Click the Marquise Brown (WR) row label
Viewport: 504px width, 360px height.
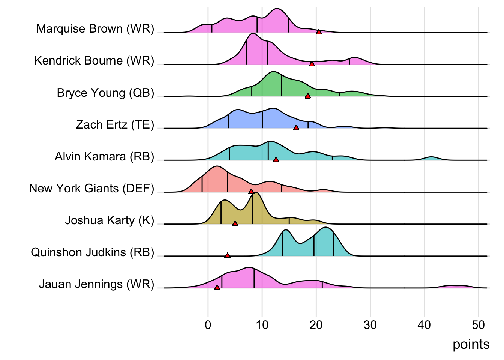[95, 29]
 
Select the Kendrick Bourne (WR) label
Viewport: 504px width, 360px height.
[94, 61]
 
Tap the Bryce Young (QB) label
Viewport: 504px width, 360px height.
[105, 93]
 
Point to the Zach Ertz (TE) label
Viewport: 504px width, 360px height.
[115, 124]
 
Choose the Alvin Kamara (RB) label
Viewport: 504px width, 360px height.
[104, 156]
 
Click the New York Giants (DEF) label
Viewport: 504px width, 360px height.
[91, 188]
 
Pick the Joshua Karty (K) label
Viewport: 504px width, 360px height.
[109, 220]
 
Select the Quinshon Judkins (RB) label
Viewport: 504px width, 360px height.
[92, 252]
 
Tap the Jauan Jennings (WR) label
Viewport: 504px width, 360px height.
[96, 284]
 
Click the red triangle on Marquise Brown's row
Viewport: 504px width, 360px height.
[319, 32]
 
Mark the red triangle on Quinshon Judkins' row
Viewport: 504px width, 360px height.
[227, 255]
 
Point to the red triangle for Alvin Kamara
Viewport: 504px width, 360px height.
[276, 160]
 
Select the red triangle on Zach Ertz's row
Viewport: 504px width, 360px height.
[296, 128]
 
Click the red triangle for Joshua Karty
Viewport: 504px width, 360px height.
[235, 223]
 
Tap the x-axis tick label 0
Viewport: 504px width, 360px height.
[208, 325]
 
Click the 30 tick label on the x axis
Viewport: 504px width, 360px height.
[370, 325]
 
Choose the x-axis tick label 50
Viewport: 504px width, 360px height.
[478, 325]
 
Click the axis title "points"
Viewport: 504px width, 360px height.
[471, 344]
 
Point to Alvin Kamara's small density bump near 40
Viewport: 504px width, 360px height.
[431, 158]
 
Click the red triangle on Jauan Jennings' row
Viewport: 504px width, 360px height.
[217, 287]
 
